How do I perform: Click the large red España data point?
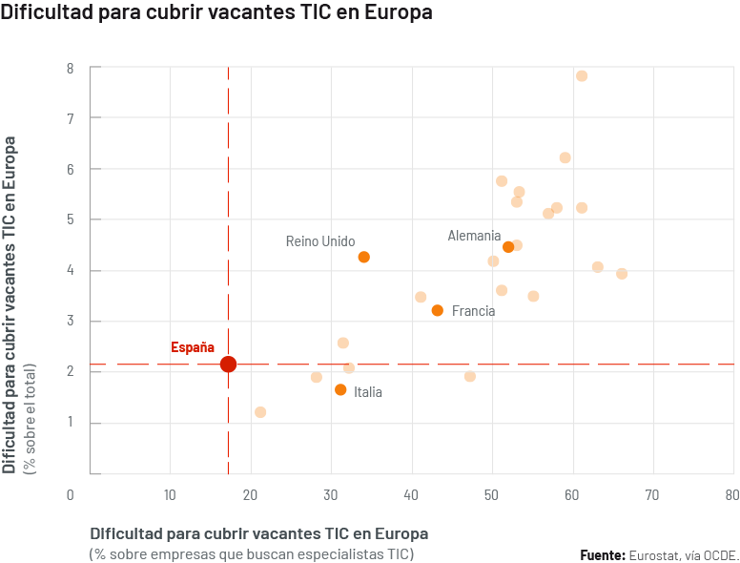[x=228, y=364]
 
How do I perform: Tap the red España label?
[x=193, y=347]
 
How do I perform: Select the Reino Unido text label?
[x=320, y=241]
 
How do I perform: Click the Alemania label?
[x=474, y=236]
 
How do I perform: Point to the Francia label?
[x=473, y=311]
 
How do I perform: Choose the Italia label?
[x=368, y=392]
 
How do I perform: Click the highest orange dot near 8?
[x=582, y=75]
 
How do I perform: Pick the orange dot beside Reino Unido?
[x=363, y=257]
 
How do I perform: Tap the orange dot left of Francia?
[x=437, y=310]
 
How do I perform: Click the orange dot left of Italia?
[x=340, y=389]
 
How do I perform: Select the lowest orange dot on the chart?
[x=260, y=412]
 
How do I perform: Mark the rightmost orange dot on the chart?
[x=622, y=274]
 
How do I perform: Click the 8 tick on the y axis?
[x=70, y=69]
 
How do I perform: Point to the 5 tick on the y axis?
[x=70, y=219]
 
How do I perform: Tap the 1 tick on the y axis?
[x=70, y=423]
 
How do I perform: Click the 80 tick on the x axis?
[x=731, y=495]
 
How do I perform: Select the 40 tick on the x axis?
[x=410, y=495]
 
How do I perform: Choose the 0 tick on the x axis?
[x=70, y=495]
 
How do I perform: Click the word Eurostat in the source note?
[x=652, y=554]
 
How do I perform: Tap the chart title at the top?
[x=216, y=13]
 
